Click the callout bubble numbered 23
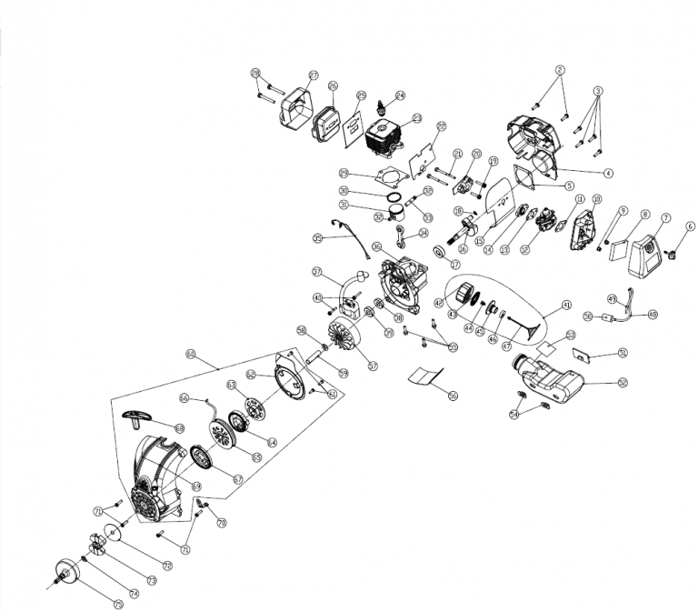point(417,119)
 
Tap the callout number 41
point(565,305)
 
